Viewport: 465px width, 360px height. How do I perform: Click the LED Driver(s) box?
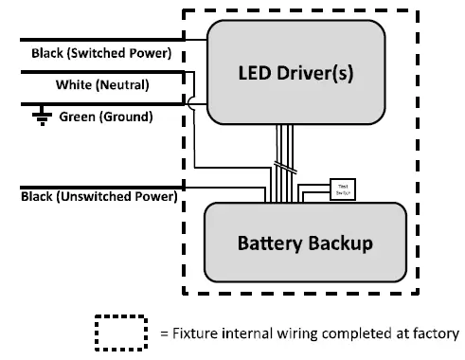pos(296,72)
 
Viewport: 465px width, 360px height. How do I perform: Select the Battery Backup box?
pos(305,243)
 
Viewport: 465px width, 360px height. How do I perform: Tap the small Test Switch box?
pos(341,189)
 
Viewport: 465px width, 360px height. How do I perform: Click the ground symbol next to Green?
pos(41,117)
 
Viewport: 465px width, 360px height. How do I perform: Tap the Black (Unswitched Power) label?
pos(98,197)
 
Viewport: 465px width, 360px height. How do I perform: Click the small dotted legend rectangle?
pos(120,333)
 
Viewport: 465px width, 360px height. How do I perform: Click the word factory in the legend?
pos(434,333)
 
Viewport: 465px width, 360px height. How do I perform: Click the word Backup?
pos(342,243)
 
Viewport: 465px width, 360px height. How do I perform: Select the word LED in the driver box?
pos(252,72)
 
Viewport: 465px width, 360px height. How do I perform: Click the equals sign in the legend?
pos(163,333)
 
